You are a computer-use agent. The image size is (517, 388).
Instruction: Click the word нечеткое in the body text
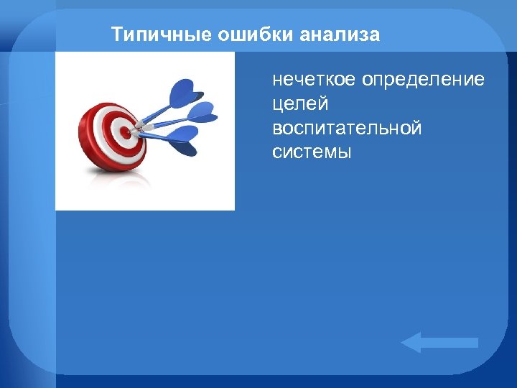(314, 79)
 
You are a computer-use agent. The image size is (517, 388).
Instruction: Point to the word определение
(423, 79)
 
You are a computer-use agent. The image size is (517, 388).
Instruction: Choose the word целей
(300, 104)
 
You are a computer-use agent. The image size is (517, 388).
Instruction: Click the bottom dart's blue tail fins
(184, 139)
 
